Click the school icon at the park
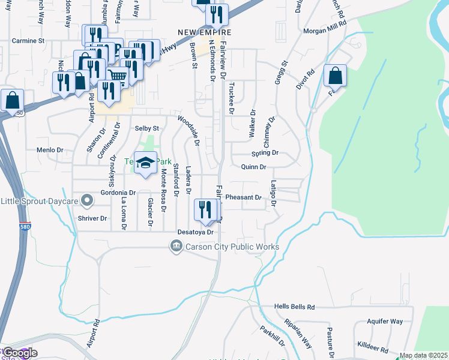click(145, 163)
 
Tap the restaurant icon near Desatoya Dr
click(205, 209)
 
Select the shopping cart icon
click(118, 76)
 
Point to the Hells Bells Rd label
click(294, 307)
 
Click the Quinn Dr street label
click(253, 167)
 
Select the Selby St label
click(146, 128)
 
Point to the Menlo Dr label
click(50, 150)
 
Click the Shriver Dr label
click(92, 218)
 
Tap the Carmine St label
click(29, 41)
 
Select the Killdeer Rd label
click(374, 347)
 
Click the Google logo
click(19, 353)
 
